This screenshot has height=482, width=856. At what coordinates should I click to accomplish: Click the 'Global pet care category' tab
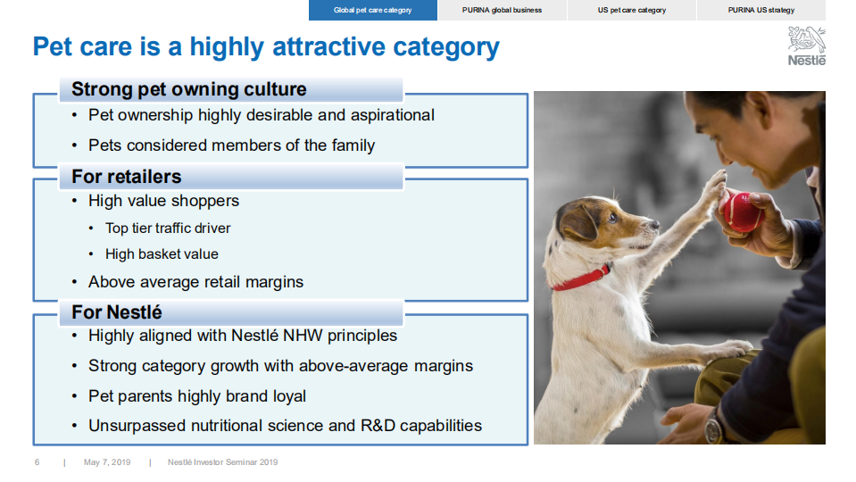[x=373, y=10]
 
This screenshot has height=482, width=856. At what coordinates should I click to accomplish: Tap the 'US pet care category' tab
[x=631, y=10]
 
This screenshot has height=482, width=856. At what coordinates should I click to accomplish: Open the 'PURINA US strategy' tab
[x=760, y=10]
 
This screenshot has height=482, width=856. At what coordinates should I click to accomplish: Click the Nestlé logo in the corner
[x=806, y=46]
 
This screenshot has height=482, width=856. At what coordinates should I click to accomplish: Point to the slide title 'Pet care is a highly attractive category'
[x=266, y=46]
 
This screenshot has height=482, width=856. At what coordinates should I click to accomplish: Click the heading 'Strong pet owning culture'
[x=188, y=89]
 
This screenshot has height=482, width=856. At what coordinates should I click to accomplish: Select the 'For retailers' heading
[x=126, y=177]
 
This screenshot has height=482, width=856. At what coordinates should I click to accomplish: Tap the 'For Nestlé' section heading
[x=116, y=312]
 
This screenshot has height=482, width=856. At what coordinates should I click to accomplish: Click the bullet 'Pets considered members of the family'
[x=231, y=145]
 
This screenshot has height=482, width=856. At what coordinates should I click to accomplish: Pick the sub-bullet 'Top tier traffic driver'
[x=168, y=229]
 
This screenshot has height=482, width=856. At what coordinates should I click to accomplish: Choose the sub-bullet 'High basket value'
[x=162, y=254]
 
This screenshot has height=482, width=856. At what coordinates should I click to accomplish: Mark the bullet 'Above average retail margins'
[x=195, y=282]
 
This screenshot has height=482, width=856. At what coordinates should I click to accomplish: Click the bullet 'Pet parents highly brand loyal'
[x=196, y=396]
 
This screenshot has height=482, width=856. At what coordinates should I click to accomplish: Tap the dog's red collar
[x=581, y=278]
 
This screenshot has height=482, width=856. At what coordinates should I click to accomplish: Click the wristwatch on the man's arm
[x=712, y=428]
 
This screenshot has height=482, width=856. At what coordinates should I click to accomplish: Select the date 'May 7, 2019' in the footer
[x=107, y=462]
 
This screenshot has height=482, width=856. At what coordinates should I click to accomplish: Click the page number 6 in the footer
[x=37, y=462]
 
